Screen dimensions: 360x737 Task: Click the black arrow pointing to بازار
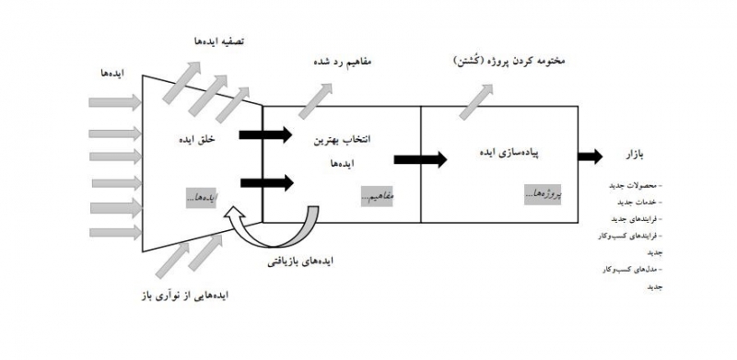click(591, 155)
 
